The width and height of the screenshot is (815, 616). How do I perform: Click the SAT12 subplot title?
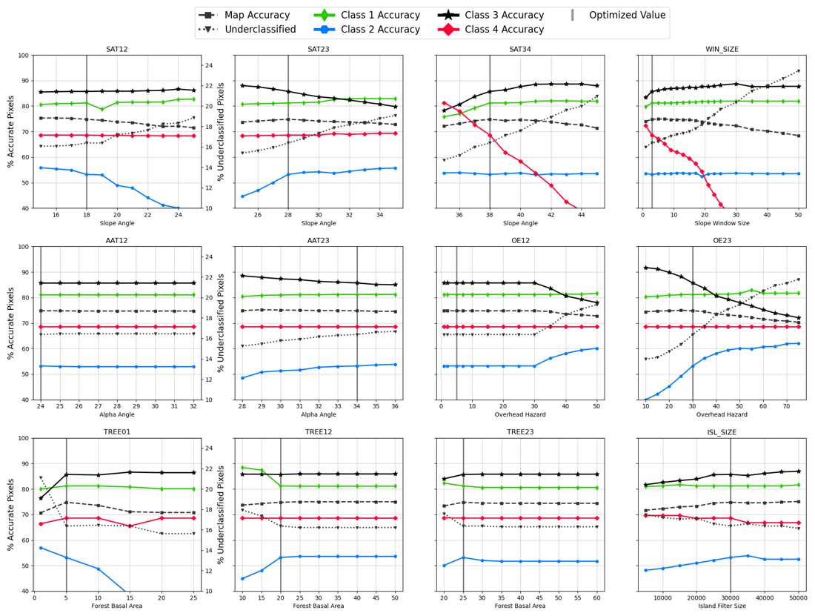pos(116,48)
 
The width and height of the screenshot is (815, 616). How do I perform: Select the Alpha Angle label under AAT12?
pos(116,417)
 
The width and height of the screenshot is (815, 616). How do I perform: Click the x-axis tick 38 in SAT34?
pos(490,215)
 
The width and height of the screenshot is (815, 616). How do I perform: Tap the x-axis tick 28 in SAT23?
pos(288,215)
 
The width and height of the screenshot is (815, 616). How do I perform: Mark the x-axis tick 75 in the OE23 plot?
pos(798,406)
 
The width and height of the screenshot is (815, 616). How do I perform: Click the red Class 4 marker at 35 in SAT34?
pos(444,103)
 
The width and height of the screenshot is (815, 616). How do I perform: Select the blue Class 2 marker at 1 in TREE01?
pos(41,548)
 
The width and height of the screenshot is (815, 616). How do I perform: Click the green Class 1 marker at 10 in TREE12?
pos(242,468)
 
